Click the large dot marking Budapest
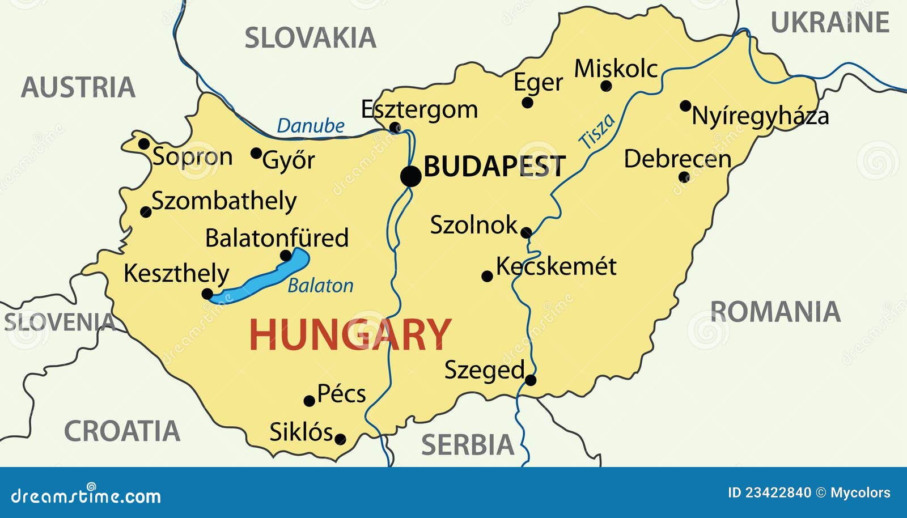tap(411, 176)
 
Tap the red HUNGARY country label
tap(350, 334)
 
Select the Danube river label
tap(311, 126)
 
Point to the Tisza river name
tap(596, 131)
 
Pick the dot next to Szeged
tap(531, 380)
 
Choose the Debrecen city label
tap(677, 159)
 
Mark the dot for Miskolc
tap(606, 86)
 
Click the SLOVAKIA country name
tap(310, 39)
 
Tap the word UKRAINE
tap(830, 23)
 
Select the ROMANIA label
tap(775, 312)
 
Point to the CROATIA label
tap(122, 431)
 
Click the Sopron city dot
tap(144, 143)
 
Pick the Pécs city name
tap(341, 393)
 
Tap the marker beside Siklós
tap(340, 439)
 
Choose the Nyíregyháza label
tap(760, 116)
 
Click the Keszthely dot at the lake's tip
tap(207, 294)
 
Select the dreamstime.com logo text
tap(86, 496)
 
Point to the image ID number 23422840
tap(778, 492)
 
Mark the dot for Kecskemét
tap(487, 276)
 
